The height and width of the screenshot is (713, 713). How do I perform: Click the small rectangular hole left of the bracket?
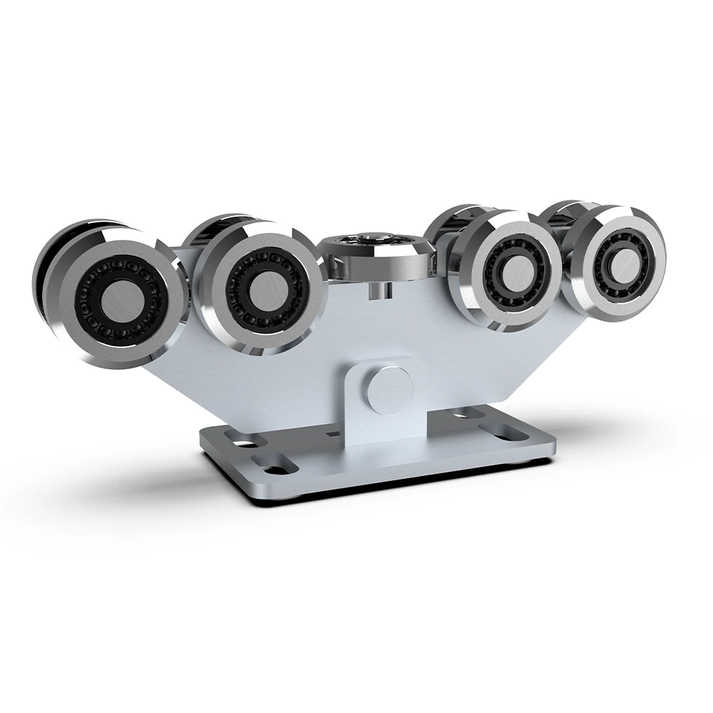click(332, 431)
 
